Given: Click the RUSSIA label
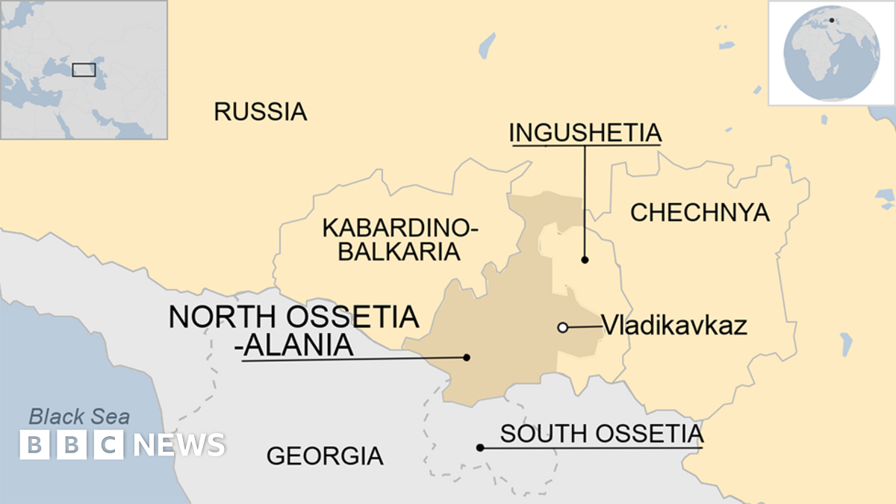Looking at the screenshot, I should click(260, 112).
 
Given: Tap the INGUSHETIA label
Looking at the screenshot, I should click(585, 133).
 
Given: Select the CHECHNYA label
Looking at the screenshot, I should click(700, 213).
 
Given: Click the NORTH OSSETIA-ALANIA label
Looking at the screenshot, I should click(293, 330).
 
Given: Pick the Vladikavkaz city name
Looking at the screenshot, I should click(674, 326).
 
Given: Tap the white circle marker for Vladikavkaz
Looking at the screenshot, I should click(563, 327).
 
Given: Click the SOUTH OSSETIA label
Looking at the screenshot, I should click(601, 433).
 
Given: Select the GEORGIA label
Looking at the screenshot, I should click(325, 455).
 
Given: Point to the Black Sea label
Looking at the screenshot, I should click(79, 417).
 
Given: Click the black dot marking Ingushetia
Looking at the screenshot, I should click(585, 260).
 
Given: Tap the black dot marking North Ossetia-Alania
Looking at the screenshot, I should click(467, 358).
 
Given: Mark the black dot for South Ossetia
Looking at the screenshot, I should click(480, 448).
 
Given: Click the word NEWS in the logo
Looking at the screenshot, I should click(179, 445).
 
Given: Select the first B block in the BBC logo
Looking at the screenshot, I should click(34, 445).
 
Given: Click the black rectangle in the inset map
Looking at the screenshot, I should click(84, 69).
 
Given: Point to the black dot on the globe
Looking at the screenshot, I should click(831, 20).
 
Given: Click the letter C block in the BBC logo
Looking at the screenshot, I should click(109, 445).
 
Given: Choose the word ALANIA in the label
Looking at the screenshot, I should click(297, 346).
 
